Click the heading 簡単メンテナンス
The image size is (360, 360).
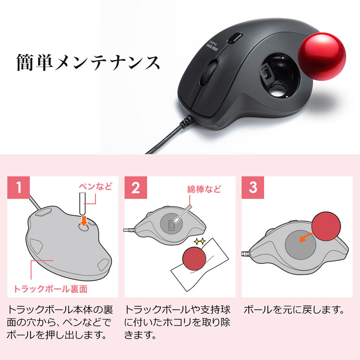point(88,63)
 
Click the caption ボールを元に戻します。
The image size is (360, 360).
point(294,310)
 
